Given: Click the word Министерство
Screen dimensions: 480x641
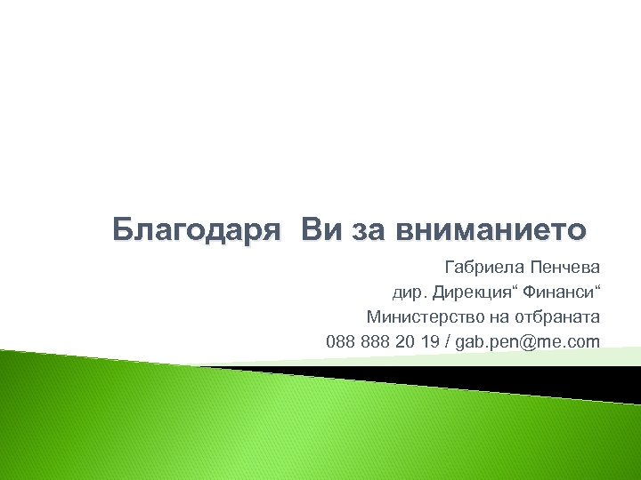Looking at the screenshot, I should click(421, 316).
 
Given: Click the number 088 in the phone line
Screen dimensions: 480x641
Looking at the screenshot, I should click(340, 341).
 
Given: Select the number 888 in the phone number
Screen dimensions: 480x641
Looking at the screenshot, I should click(376, 341).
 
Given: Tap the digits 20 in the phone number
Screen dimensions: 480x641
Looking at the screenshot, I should click(406, 341).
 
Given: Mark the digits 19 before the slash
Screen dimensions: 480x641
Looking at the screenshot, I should click(430, 341).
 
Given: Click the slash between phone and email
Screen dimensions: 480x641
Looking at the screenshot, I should click(447, 341).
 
